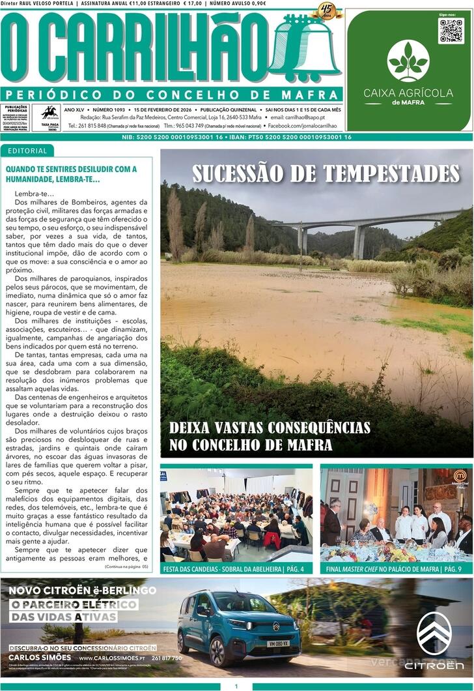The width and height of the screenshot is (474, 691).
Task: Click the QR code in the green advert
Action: (451, 31)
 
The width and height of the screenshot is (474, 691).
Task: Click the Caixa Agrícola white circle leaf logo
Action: (408, 61)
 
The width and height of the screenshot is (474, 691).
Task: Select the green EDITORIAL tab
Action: (27, 151)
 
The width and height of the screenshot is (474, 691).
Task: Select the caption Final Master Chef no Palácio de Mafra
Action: (397, 569)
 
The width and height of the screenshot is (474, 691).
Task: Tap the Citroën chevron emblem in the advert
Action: (434, 633)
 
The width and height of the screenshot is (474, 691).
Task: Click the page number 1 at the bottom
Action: (236, 686)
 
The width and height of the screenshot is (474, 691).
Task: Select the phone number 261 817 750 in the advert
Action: (167, 658)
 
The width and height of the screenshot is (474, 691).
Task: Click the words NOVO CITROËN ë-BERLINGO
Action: (83, 591)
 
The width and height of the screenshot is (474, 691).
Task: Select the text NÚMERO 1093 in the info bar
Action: (108, 109)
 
